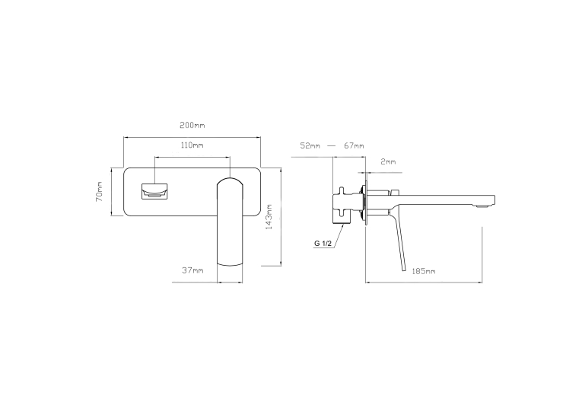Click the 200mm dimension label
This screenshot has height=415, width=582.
point(192,125)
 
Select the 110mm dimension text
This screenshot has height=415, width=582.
point(192,145)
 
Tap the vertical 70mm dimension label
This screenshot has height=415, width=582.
point(100,191)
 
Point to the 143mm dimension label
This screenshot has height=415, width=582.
point(269,216)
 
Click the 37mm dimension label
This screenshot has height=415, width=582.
point(192,270)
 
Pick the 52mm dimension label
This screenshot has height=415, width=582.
point(310,146)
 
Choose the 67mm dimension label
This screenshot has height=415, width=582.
point(354,146)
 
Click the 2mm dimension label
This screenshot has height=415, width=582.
point(388,162)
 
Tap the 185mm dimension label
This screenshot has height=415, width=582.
point(424,271)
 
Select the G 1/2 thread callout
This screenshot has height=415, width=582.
point(323,244)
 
